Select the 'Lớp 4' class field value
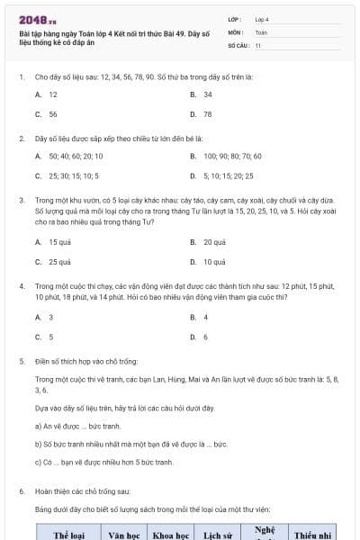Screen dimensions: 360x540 point(262,19)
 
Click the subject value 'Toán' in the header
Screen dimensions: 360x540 point(261,31)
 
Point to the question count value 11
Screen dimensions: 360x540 point(258,44)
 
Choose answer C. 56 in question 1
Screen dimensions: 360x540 point(47,114)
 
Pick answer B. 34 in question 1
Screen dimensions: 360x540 point(202,94)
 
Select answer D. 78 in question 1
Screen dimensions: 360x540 point(202,114)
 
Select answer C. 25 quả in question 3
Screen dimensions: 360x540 point(53,262)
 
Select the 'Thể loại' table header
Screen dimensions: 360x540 point(68,535)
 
